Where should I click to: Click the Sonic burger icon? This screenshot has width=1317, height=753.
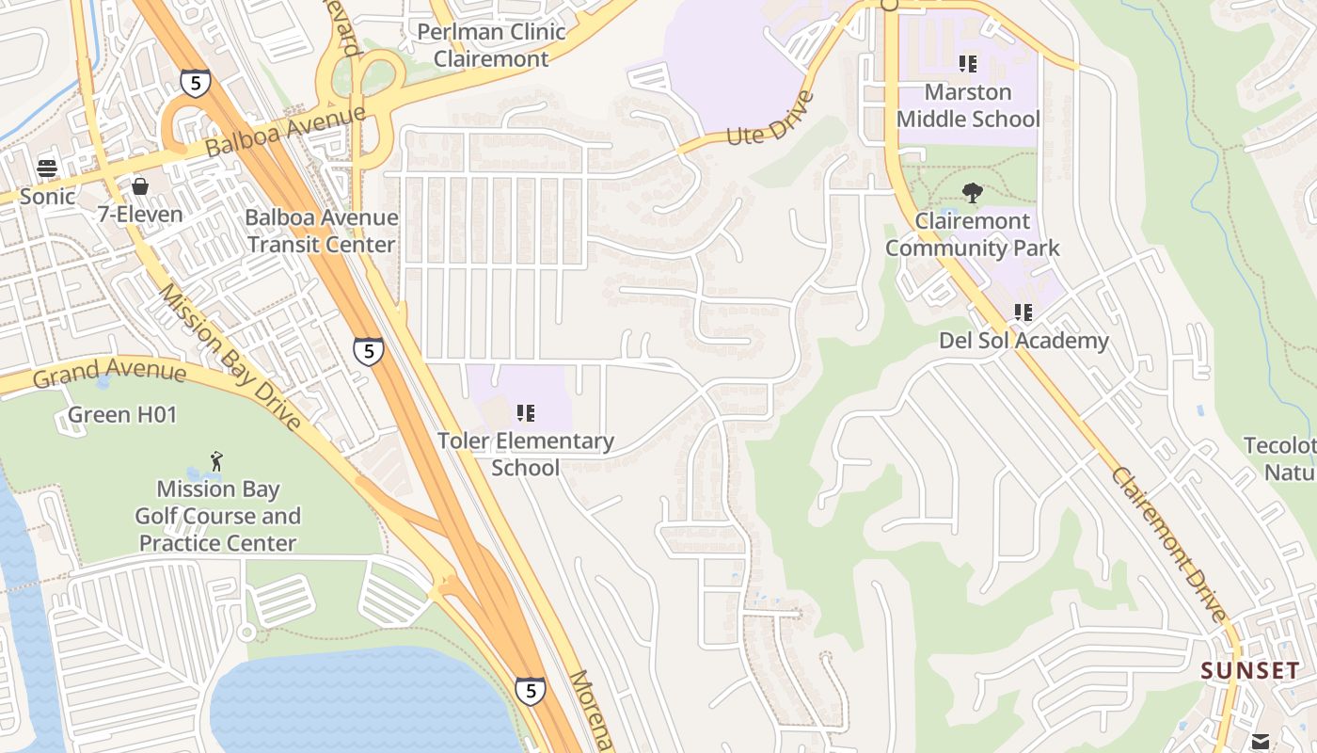tap(47, 168)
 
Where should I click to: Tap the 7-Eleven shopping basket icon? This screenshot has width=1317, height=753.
tap(140, 186)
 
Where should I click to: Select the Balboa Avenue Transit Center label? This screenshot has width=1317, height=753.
tap(321, 231)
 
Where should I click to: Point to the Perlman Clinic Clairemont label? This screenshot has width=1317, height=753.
tap(491, 45)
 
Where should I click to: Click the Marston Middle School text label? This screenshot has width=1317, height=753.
tap(968, 105)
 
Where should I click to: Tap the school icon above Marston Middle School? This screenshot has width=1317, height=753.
tap(968, 64)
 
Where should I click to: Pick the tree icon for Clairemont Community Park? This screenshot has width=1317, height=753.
tap(972, 193)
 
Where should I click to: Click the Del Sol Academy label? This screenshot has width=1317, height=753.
tap(1023, 340)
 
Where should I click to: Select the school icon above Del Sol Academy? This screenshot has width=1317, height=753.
tap(1023, 312)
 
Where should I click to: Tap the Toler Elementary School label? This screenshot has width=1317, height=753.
tap(525, 454)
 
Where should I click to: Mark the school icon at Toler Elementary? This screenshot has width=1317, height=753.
tap(526, 412)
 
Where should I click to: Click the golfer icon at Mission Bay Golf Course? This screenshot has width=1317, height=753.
tap(217, 460)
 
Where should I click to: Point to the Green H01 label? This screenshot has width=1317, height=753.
tap(122, 414)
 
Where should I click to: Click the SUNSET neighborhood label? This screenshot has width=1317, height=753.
tap(1250, 671)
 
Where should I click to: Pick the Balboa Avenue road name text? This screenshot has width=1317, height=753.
tap(284, 132)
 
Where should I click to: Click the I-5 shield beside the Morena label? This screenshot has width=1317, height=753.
tap(530, 691)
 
